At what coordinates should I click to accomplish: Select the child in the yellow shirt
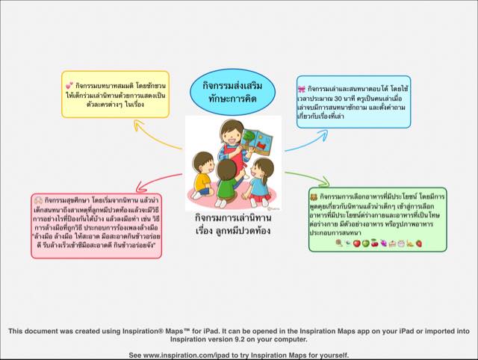pyautogui.click(x=204, y=171)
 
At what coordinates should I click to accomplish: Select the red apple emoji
pyautogui.click(x=356, y=243)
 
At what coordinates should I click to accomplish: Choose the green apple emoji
pyautogui.click(x=365, y=243)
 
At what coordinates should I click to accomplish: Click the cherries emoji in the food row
pyautogui.click(x=374, y=243)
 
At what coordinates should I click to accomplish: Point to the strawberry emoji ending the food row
pyautogui.click(x=419, y=243)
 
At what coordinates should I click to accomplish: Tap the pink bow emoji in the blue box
pyautogui.click(x=302, y=89)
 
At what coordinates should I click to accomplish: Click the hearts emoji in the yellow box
pyautogui.click(x=69, y=87)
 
